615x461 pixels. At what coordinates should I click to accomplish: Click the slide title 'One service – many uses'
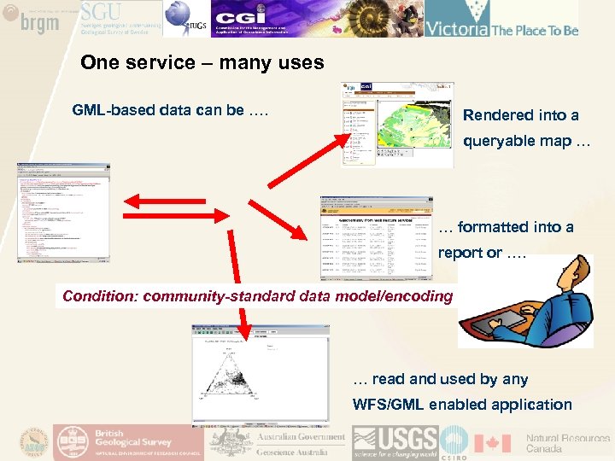[202, 62]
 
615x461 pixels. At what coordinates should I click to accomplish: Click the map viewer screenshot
[397, 124]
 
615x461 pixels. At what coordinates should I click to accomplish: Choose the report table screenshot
[375, 238]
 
